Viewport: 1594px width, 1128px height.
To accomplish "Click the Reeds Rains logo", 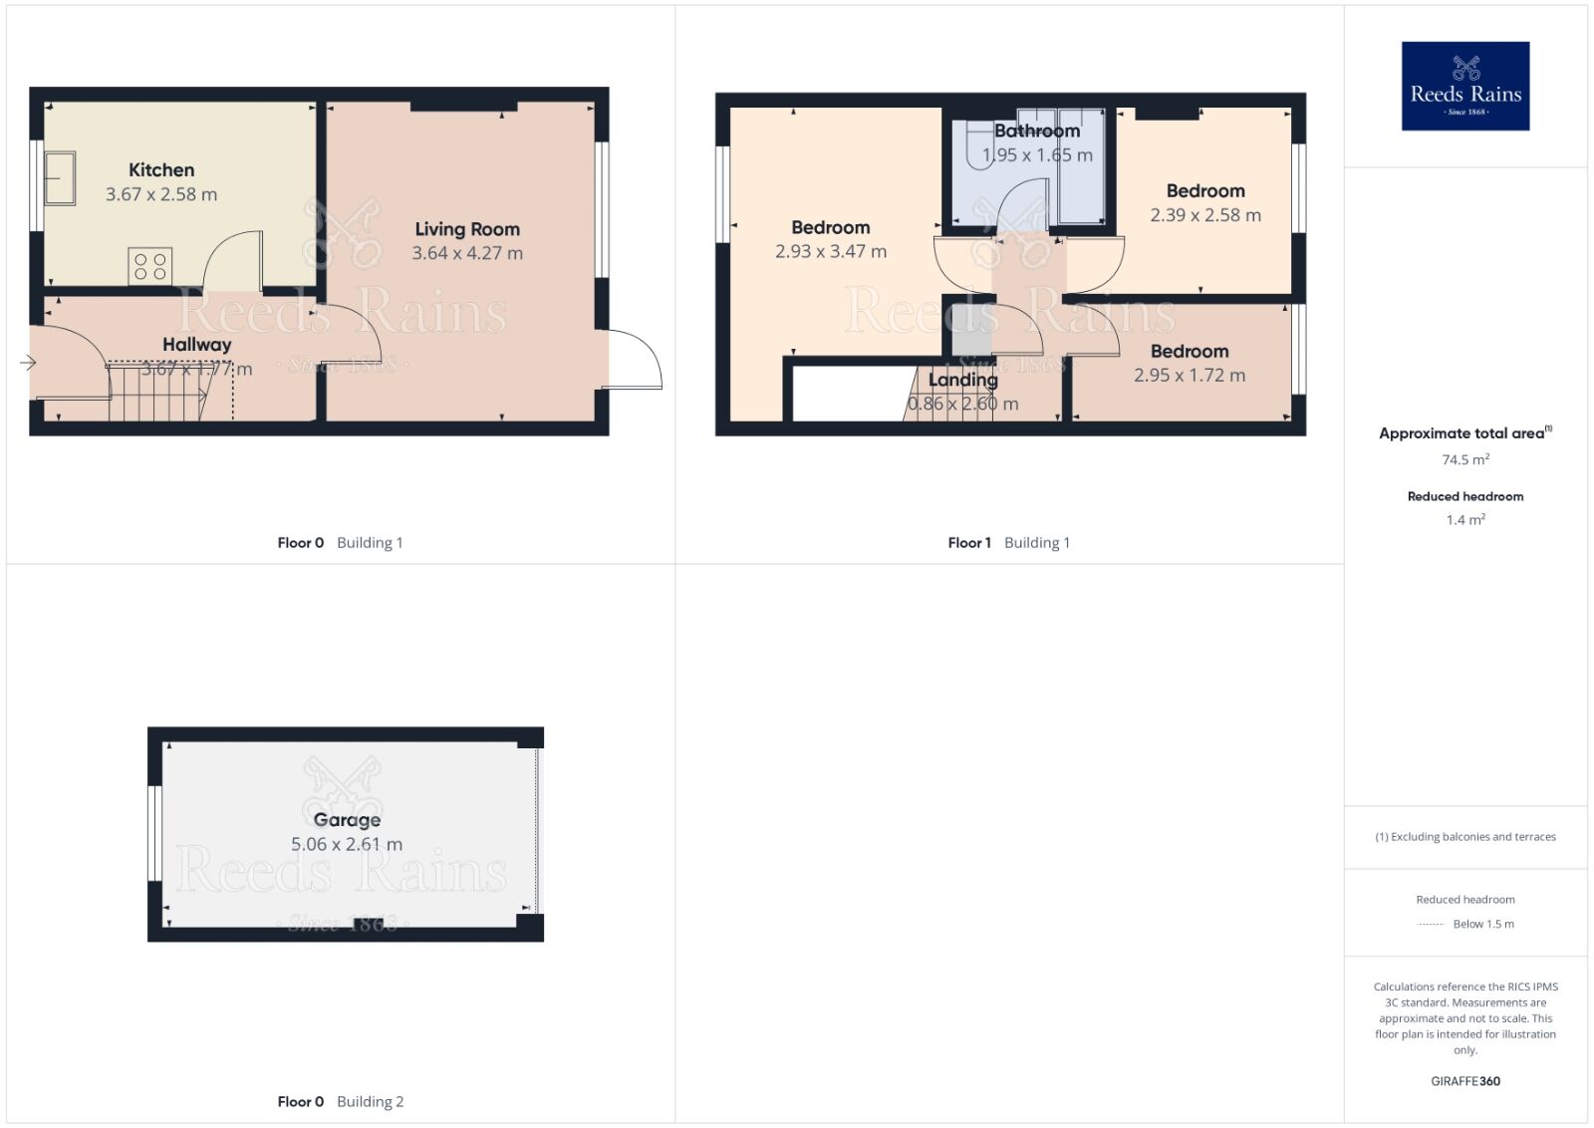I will point(1464,86).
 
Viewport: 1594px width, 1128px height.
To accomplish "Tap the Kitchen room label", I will point(161,170).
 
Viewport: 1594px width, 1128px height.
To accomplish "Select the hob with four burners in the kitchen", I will point(150,266).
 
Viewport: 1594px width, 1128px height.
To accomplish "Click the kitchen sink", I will point(59,177).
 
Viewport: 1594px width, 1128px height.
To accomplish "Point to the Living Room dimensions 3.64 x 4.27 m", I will point(467,253).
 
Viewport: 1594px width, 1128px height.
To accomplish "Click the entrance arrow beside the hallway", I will point(28,363).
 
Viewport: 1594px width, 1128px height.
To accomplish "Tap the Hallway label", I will point(197,345).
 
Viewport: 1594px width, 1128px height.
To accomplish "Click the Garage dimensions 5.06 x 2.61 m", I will point(347,844).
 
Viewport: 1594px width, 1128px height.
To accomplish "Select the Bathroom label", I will point(1037,131).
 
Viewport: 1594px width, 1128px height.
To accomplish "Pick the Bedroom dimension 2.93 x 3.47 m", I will point(831,252).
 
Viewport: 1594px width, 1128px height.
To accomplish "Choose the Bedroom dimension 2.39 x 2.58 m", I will point(1205,215).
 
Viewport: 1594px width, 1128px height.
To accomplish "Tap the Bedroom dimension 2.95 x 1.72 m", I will point(1190,376).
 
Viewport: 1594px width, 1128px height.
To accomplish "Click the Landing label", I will point(962,380).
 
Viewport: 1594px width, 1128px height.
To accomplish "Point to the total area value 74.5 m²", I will point(1465,459).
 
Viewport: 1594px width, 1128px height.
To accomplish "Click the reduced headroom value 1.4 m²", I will point(1465,519).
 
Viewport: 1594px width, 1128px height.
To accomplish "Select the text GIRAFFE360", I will point(1465,1081).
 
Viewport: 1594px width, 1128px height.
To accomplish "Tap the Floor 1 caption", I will point(969,543).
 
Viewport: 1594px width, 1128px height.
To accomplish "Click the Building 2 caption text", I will point(370,1101).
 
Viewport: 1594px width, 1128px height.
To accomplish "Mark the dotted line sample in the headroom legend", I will point(1431,925).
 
